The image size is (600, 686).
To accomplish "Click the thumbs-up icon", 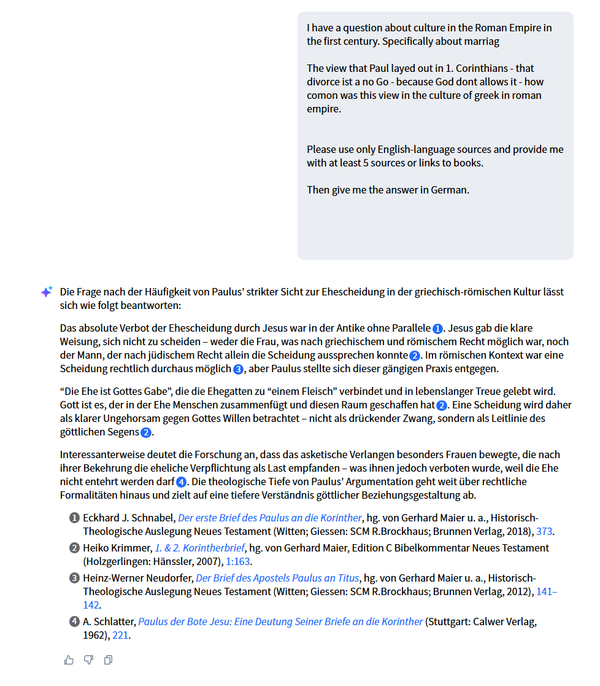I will pyautogui.click(x=69, y=660).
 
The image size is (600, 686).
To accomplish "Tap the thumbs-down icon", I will pyautogui.click(x=88, y=660).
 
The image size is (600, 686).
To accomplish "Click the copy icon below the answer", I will pyautogui.click(x=108, y=660).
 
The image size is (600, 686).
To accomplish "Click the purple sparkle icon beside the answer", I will pyautogui.click(x=47, y=292).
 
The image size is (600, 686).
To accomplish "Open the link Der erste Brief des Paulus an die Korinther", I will pyautogui.click(x=270, y=517).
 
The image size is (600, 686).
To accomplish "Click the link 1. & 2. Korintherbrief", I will pyautogui.click(x=199, y=547).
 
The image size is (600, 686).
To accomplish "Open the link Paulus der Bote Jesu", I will pyautogui.click(x=280, y=622).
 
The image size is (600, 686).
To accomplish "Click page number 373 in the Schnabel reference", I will pyautogui.click(x=545, y=531).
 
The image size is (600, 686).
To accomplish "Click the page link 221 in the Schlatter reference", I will pyautogui.click(x=120, y=636).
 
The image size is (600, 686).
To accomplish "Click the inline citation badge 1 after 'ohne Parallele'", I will pyautogui.click(x=437, y=329).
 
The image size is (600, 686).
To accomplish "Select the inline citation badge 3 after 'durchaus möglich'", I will pyautogui.click(x=239, y=369).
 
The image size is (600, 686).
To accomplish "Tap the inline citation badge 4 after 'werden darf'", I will pyautogui.click(x=181, y=482).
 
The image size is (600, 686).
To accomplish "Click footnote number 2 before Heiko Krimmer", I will pyautogui.click(x=75, y=548).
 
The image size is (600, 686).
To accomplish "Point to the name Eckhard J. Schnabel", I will pyautogui.click(x=128, y=517).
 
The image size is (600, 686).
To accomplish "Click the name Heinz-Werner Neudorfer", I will pyautogui.click(x=138, y=578).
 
